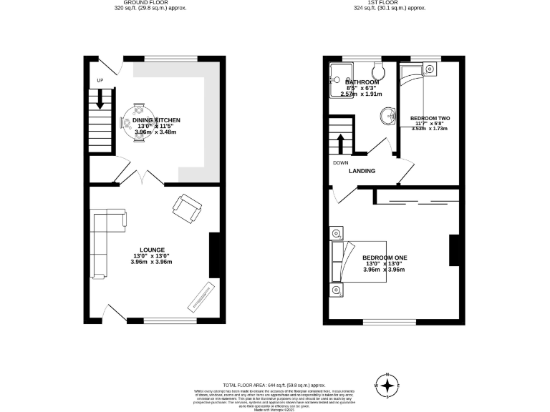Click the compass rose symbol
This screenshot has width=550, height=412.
point(387,386)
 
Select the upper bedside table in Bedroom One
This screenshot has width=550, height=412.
point(336,233)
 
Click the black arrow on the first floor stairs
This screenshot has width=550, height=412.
point(341,142)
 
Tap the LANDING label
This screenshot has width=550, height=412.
point(362,172)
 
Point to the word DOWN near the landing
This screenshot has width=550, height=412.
point(341,162)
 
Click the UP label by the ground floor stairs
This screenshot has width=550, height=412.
point(100,79)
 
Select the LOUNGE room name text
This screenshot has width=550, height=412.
point(151,250)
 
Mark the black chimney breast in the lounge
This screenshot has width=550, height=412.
point(213,255)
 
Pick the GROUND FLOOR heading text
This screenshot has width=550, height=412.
point(136,3)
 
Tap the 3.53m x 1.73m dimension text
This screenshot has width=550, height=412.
point(429,129)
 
